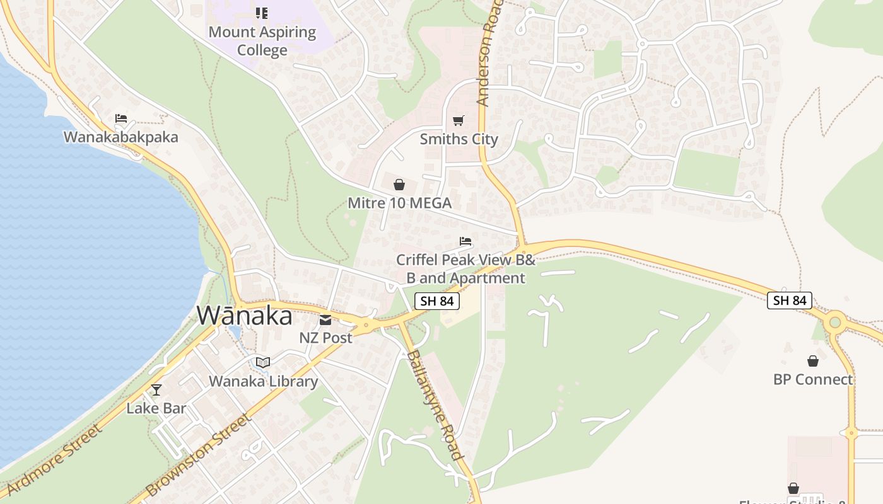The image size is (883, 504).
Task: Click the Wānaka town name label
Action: (245, 316)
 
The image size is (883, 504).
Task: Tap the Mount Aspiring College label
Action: (262, 41)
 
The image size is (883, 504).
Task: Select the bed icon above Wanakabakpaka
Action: (121, 118)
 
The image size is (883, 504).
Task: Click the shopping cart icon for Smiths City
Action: (459, 120)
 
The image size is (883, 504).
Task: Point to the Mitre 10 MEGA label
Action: (399, 203)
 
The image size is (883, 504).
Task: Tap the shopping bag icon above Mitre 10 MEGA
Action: (399, 185)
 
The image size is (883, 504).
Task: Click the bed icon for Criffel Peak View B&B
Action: (465, 241)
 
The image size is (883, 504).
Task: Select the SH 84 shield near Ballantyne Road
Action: (436, 301)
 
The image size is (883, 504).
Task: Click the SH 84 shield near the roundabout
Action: (790, 300)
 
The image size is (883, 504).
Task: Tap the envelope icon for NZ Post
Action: (325, 320)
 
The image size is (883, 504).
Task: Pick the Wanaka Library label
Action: (263, 381)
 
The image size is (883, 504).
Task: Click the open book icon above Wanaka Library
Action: (263, 363)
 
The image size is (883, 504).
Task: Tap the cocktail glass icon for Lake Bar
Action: (156, 390)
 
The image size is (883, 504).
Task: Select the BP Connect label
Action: (813, 379)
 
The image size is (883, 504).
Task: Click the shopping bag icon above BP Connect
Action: (813, 361)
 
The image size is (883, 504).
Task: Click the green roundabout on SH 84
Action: (836, 323)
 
